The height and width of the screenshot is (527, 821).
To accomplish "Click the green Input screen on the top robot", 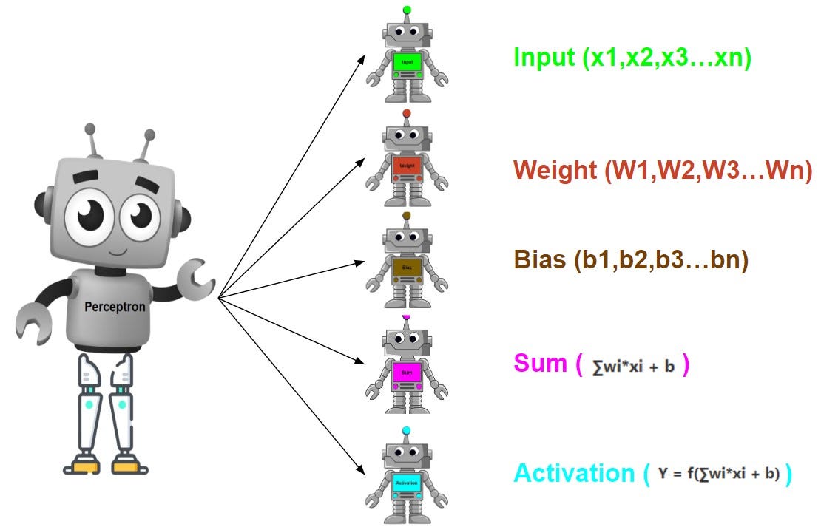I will pos(407,62).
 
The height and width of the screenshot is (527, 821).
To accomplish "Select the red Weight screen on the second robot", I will pos(407,166).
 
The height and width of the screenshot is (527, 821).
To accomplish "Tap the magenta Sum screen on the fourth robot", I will pos(407,371).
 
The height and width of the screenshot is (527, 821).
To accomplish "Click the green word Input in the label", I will pos(545,58).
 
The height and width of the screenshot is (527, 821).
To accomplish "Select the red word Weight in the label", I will pos(555,171).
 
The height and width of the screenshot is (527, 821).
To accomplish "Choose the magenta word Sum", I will pos(539,364).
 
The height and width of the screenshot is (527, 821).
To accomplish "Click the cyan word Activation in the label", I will pos(573,473).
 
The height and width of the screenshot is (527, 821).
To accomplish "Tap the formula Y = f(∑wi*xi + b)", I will pos(719,474).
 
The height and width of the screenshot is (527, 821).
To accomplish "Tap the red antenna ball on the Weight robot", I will pos(407,113).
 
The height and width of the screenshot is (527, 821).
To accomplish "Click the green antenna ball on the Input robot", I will pos(407,10).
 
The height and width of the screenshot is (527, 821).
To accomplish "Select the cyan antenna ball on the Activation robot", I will pos(406,430).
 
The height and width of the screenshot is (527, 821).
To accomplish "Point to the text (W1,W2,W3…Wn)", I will pos(708,171).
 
